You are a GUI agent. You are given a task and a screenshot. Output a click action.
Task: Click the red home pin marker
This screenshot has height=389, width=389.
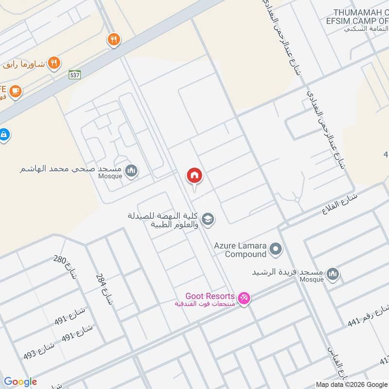coord(194,176)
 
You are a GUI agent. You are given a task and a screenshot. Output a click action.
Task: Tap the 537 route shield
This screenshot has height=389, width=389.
coord(74,74)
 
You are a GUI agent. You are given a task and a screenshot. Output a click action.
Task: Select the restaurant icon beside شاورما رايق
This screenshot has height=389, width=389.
coord(54,62)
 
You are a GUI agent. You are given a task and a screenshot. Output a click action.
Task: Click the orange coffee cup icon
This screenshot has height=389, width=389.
coord(15,91)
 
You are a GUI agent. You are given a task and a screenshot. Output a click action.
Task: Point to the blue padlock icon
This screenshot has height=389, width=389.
coord(3,134)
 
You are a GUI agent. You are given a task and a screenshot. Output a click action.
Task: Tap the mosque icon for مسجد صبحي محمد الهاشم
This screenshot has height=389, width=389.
coord(131,171)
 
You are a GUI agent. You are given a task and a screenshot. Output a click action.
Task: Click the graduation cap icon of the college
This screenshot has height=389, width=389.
coord(208,219)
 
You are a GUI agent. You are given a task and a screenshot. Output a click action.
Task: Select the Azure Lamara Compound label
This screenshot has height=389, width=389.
coord(240,250)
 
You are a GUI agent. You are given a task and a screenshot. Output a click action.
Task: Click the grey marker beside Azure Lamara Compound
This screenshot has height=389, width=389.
coord(276,250)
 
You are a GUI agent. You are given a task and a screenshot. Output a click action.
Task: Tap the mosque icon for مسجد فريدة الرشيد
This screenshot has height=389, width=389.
coord(333,274)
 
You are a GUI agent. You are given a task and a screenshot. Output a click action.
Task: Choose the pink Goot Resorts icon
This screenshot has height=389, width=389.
coord(244,298)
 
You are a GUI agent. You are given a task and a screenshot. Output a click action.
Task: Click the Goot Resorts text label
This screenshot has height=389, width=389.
coord(210,296)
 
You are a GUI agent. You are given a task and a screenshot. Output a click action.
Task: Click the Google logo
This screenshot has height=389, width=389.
coord(21,382)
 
